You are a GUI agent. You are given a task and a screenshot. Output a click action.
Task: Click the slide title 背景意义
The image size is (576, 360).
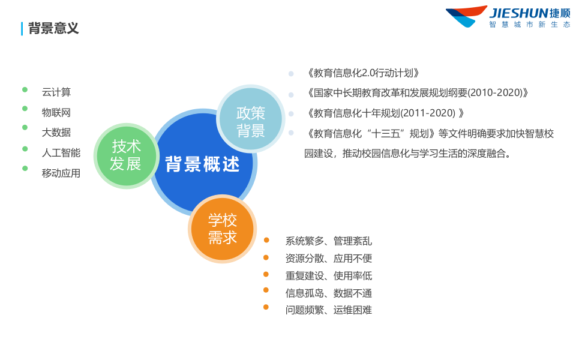pyautogui.click(x=53, y=28)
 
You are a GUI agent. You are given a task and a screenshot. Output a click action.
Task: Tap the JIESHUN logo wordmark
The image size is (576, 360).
pyautogui.click(x=519, y=13)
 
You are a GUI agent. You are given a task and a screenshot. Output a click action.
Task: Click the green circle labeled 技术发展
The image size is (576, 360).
pyautogui.click(x=126, y=155)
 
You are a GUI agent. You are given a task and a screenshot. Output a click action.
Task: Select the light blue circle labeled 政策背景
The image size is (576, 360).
pyautogui.click(x=250, y=122)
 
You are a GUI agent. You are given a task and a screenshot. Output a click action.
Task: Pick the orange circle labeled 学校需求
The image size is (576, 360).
pyautogui.click(x=223, y=229)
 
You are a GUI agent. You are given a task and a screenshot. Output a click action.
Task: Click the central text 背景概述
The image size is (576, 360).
pyautogui.click(x=203, y=164)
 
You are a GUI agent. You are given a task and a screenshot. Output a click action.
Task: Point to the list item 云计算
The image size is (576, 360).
pyautogui.click(x=56, y=92)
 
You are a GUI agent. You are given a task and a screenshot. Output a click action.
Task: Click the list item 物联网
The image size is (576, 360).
pyautogui.click(x=56, y=112)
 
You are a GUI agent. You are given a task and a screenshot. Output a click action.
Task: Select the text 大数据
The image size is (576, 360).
pyautogui.click(x=56, y=133)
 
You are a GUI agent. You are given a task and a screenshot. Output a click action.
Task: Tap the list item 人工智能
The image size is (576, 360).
pyautogui.click(x=61, y=153)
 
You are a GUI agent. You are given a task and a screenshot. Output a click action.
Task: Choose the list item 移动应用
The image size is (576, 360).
pyautogui.click(x=61, y=173)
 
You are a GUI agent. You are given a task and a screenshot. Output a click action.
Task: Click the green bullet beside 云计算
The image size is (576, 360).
pyautogui.click(x=25, y=89)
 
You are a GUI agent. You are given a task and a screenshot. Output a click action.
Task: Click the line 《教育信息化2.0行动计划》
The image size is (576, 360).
pyautogui.click(x=362, y=73)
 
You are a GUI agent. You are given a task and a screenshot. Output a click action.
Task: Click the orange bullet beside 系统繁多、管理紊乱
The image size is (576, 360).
pyautogui.click(x=266, y=240)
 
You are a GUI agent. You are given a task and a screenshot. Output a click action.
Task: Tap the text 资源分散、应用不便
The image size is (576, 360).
pyautogui.click(x=329, y=259)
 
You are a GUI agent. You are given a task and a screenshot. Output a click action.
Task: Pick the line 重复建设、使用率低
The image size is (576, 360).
pyautogui.click(x=329, y=276)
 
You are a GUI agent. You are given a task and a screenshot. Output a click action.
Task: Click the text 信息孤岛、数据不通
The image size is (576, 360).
pyautogui.click(x=329, y=293)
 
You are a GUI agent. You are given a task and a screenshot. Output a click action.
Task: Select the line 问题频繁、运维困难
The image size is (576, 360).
pyautogui.click(x=329, y=310)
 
